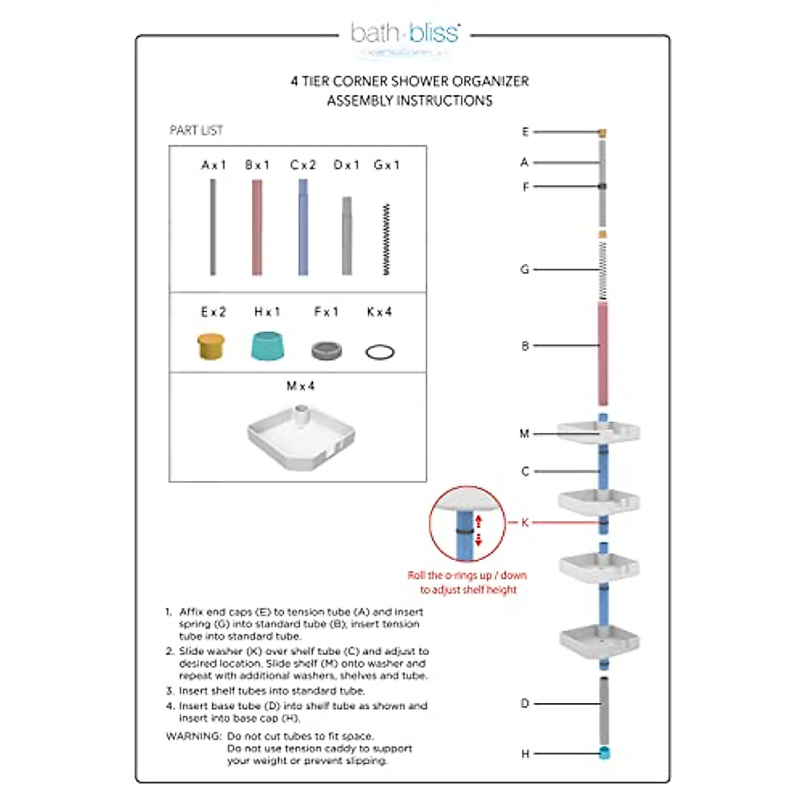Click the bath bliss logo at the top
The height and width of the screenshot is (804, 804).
click(x=405, y=33)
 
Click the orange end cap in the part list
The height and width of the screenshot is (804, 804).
click(x=213, y=347)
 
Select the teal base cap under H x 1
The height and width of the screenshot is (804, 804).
click(x=267, y=345)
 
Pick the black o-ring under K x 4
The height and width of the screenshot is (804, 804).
click(x=380, y=352)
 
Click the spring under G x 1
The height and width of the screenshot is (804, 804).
click(x=387, y=239)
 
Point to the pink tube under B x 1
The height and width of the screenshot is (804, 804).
click(x=257, y=228)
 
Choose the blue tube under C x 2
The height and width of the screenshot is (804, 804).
click(x=303, y=228)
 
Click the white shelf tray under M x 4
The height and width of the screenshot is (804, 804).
click(x=301, y=436)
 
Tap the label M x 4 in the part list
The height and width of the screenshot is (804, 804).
click(x=300, y=387)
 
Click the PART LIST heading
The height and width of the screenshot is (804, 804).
click(x=196, y=131)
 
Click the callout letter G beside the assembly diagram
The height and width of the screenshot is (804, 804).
click(x=525, y=269)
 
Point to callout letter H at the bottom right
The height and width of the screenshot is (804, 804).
click(x=525, y=754)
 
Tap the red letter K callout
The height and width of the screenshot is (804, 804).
click(x=525, y=523)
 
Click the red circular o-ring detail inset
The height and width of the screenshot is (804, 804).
click(x=466, y=525)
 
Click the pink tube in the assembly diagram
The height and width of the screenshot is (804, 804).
click(x=603, y=353)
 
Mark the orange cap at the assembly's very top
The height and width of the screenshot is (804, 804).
click(x=603, y=133)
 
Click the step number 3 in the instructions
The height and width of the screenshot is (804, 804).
click(x=170, y=691)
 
